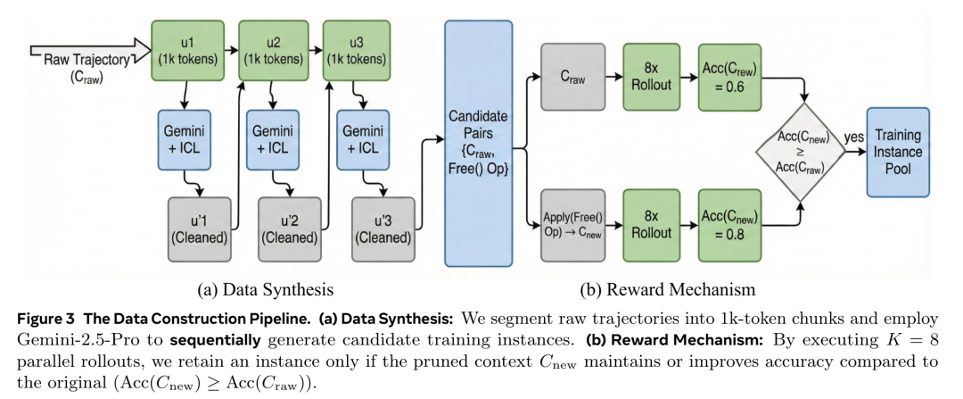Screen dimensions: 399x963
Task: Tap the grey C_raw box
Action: coord(572,77)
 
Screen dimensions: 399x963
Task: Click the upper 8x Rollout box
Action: coord(650,77)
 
